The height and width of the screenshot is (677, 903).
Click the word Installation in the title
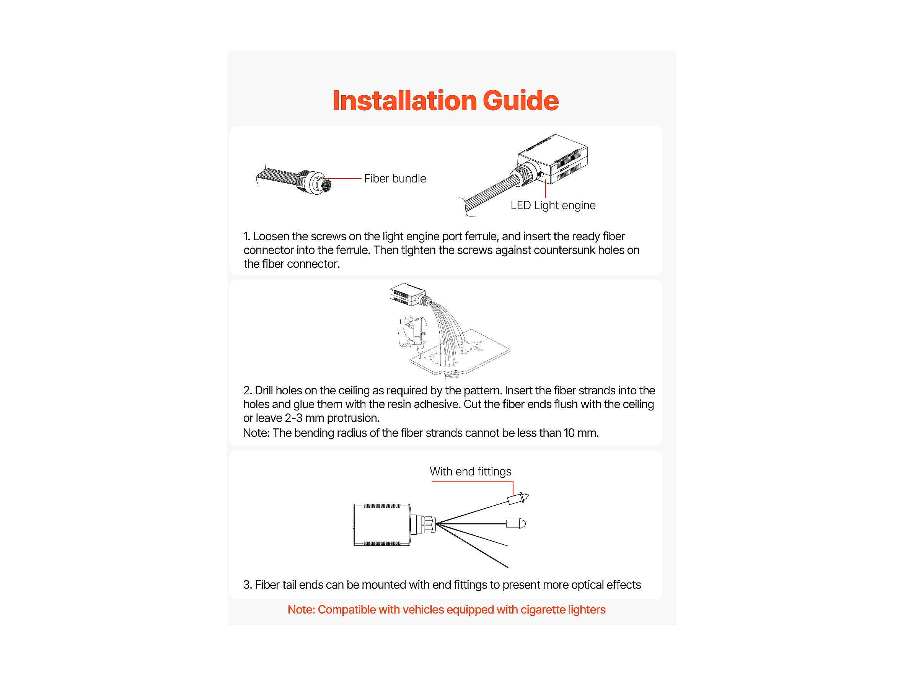tap(404, 101)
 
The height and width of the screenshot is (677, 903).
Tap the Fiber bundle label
tap(395, 179)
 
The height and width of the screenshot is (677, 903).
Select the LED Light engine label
tap(553, 205)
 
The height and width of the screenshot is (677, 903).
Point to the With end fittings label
tap(470, 472)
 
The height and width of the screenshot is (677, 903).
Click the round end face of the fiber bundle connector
tap(326, 185)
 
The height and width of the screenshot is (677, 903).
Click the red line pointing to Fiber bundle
tap(345, 179)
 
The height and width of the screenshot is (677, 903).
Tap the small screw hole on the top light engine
tap(541, 175)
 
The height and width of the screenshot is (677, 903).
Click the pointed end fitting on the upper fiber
tap(518, 498)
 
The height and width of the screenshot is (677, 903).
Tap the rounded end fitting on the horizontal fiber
tap(516, 524)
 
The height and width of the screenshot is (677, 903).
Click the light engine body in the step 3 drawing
tap(382, 525)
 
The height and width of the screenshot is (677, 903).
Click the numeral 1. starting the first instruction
tap(246, 237)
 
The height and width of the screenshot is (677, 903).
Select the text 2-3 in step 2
tap(293, 418)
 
